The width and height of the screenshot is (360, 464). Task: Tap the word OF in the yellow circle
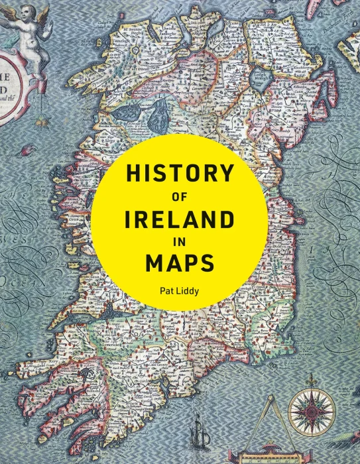click(180, 197)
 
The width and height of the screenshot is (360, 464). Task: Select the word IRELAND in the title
click(180, 219)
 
